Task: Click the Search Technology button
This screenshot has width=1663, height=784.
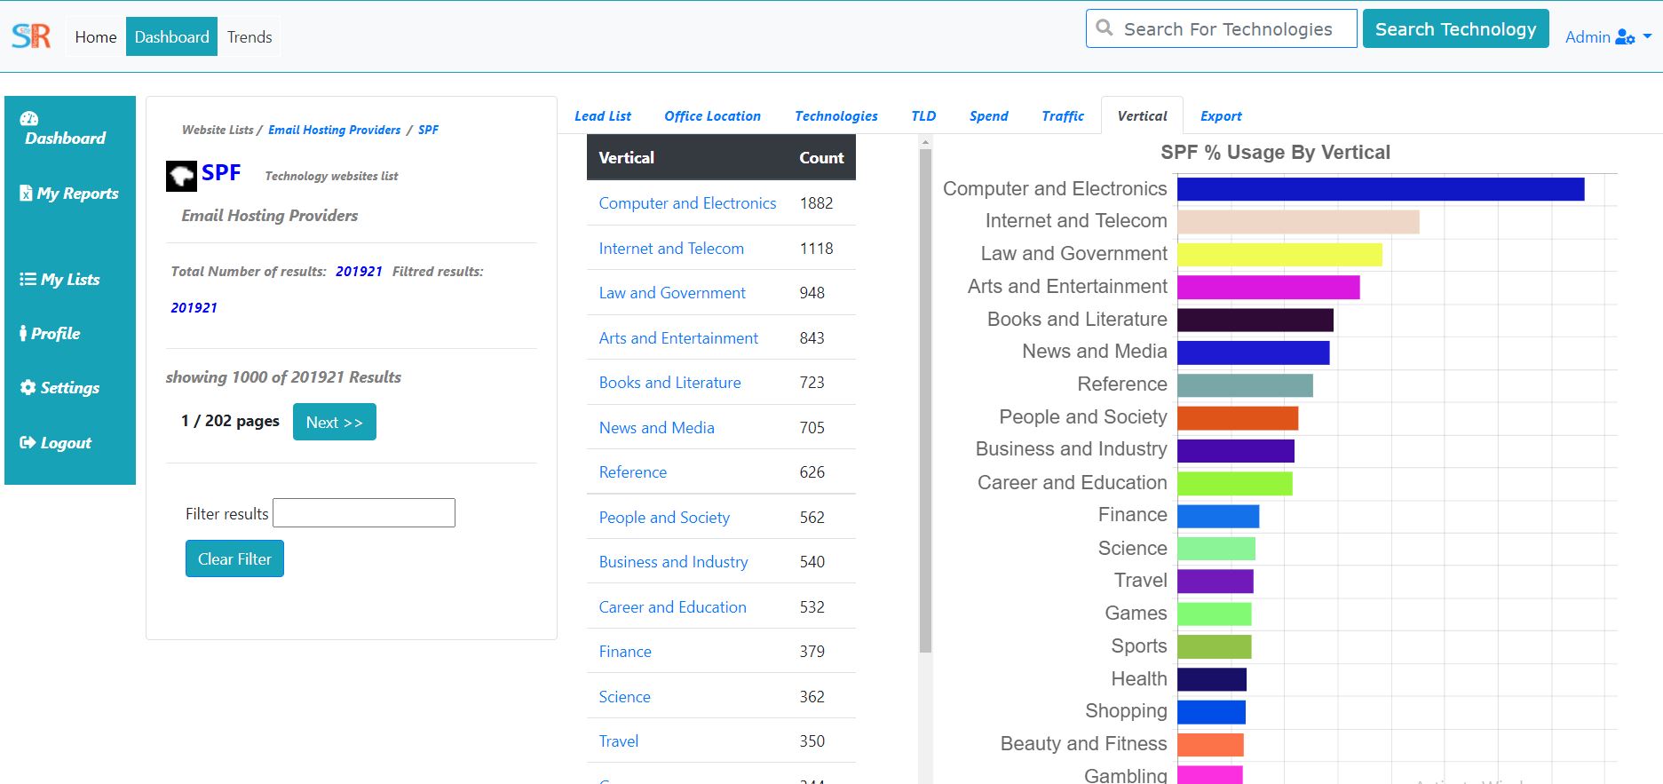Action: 1455,28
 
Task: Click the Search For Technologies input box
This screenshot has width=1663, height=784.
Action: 1221,28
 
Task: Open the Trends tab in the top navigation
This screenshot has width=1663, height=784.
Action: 249,36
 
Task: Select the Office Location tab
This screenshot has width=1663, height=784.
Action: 712,116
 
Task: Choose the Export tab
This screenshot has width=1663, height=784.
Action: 1221,116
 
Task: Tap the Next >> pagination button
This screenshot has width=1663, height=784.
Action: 335,422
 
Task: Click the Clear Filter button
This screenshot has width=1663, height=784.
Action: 234,558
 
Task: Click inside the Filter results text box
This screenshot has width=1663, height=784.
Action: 364,513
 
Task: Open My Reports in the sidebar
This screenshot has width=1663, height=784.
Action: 69,194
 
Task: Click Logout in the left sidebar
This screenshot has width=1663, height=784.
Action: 56,443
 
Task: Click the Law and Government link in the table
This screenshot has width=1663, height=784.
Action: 672,293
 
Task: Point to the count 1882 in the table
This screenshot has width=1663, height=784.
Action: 816,203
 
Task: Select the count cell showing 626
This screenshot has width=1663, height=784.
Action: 812,472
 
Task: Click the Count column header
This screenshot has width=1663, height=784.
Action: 821,158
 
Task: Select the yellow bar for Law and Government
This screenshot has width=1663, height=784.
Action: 1279,255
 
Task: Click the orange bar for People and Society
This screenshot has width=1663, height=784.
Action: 1238,418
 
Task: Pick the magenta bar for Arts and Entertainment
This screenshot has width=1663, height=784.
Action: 1268,288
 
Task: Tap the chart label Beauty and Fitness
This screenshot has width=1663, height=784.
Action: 1083,744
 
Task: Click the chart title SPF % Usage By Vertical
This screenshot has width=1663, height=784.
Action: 1275,153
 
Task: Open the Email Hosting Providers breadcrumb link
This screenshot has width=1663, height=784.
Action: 334,130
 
